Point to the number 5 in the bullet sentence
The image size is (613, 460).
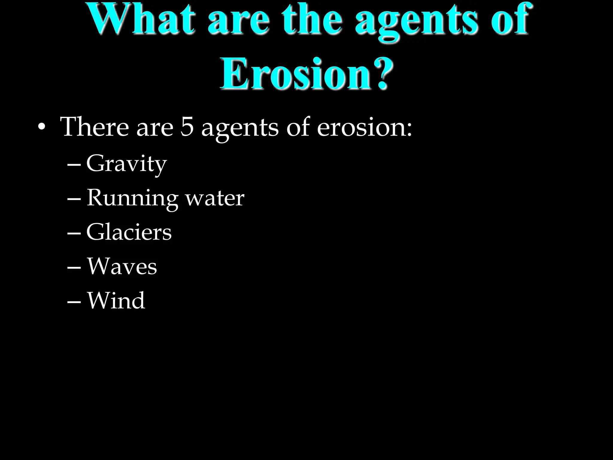187,127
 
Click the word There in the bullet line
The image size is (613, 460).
95,127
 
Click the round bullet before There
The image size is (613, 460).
42,128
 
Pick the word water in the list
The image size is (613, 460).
215,198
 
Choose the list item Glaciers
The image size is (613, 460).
129,232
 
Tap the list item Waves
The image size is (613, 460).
122,266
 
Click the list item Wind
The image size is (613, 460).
116,300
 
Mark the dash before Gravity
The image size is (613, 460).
74,165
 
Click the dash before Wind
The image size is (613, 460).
74,302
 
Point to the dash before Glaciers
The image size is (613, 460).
74,233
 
